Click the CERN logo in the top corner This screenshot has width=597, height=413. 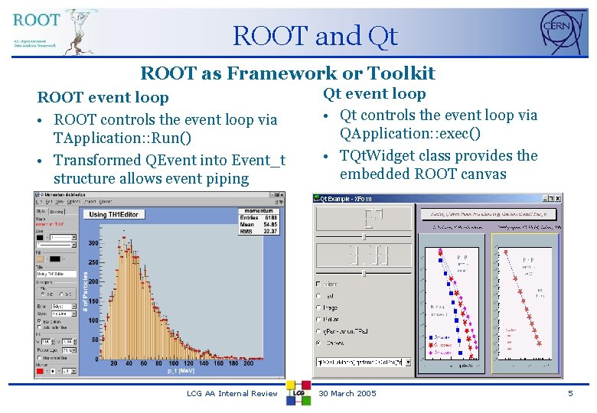(x=563, y=33)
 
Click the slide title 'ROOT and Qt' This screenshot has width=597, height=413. (x=315, y=36)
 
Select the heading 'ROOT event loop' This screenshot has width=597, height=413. (x=103, y=98)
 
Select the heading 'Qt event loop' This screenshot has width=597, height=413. (x=374, y=94)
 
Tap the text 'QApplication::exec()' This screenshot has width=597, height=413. (x=410, y=134)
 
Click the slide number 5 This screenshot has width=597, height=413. (x=569, y=393)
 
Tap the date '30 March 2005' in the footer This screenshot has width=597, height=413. (x=347, y=393)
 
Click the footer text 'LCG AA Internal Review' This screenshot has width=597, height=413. (x=232, y=393)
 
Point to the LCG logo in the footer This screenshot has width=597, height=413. (x=298, y=392)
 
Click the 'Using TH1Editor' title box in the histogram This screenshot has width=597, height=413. (x=114, y=215)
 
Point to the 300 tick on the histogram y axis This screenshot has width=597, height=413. (x=93, y=242)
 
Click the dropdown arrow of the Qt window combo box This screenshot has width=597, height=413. (x=407, y=363)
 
